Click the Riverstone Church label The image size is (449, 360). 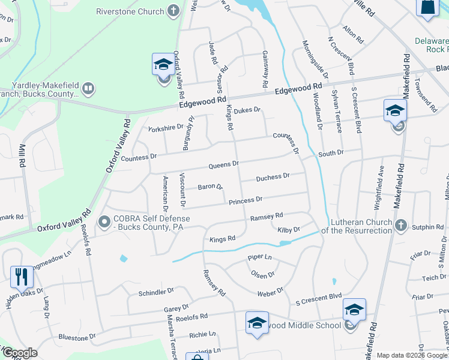130,11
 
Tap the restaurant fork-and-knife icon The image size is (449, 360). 21,277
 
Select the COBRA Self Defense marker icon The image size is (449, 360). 104,222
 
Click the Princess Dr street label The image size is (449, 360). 246,200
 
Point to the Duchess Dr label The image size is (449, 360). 273,178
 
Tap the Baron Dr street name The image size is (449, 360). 210,187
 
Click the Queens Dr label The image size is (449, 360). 223,164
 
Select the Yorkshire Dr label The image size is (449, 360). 165,127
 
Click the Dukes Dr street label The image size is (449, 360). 247,110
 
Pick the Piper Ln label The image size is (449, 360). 260,257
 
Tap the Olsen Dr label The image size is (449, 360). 263,274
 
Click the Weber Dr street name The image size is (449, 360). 270,292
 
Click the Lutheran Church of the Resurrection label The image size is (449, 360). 357,226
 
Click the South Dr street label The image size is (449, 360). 331,154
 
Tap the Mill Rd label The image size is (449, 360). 22,154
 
